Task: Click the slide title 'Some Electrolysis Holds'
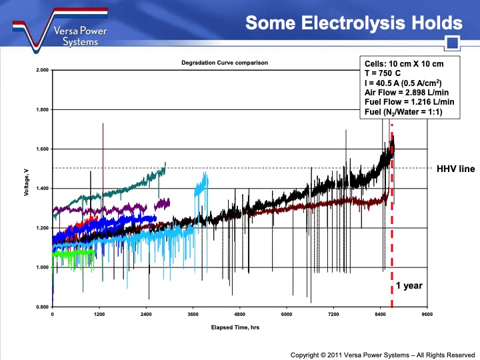[353, 23]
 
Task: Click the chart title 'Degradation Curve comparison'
[224, 63]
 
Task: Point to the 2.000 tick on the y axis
[41, 70]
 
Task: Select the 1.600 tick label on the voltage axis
[41, 149]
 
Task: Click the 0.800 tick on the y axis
[41, 307]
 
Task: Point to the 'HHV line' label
[455, 169]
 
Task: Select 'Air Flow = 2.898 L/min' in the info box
[408, 92]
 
